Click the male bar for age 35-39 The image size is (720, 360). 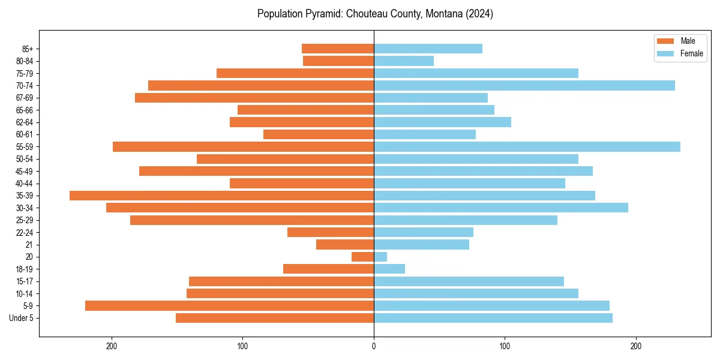tap(221, 196)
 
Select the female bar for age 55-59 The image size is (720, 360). tap(527, 146)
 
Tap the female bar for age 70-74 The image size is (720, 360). tap(524, 85)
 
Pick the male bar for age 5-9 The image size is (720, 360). tap(229, 305)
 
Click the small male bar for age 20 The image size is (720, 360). tap(362, 257)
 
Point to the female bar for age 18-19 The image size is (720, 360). tap(389, 269)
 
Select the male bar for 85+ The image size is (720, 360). tap(338, 49)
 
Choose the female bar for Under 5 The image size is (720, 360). tap(493, 318)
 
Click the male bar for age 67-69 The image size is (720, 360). tap(254, 98)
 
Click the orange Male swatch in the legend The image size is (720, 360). tap(666, 41)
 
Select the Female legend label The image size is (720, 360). tap(691, 53)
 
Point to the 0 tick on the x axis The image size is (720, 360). tap(374, 346)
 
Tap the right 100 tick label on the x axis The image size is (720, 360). tap(505, 346)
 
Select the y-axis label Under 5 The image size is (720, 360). tap(22, 318)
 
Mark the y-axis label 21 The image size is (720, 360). tap(29, 245)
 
